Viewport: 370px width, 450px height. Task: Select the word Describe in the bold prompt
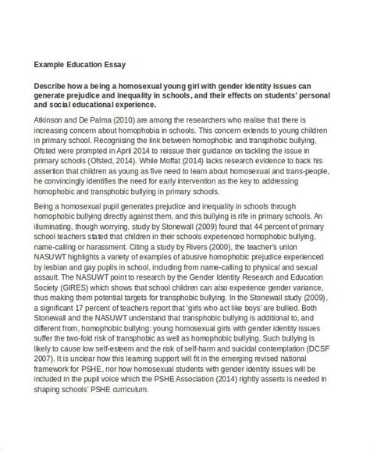point(52,88)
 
